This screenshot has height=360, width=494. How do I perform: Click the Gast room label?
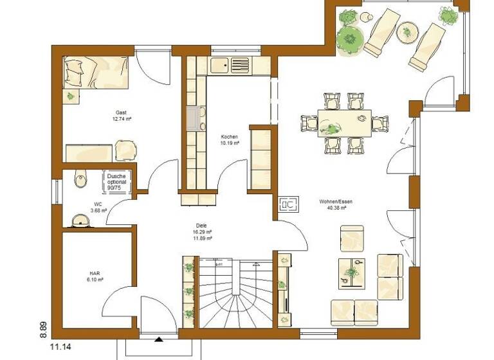(x=120, y=112)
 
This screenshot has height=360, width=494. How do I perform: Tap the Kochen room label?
(x=230, y=137)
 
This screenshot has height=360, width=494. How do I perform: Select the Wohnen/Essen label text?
(x=335, y=201)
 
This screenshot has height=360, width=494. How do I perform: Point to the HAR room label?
(x=95, y=273)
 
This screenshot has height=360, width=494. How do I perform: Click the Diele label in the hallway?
(x=201, y=226)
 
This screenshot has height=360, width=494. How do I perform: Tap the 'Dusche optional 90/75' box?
(x=117, y=182)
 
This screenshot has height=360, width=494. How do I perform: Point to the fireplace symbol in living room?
(x=288, y=204)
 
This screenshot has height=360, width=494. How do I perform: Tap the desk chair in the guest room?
(x=126, y=150)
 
